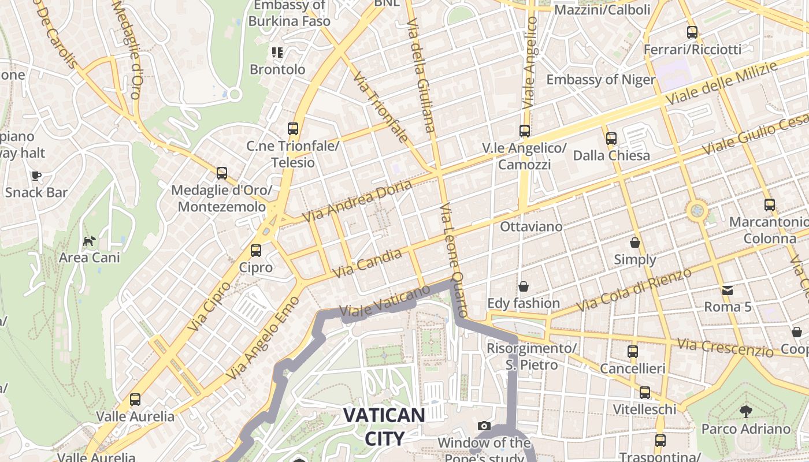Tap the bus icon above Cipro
(256, 251)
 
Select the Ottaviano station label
(531, 226)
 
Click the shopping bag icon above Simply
(635, 243)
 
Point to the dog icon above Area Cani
(90, 240)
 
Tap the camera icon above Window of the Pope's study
(484, 426)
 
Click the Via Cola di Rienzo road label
(634, 289)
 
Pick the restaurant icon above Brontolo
(277, 53)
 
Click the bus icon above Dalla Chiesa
(611, 139)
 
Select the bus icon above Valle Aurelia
(135, 399)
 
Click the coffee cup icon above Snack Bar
(36, 176)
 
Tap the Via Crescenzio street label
(725, 348)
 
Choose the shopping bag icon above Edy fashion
(524, 286)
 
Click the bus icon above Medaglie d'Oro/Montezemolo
(222, 173)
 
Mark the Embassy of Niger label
(600, 80)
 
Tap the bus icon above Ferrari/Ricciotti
(692, 32)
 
